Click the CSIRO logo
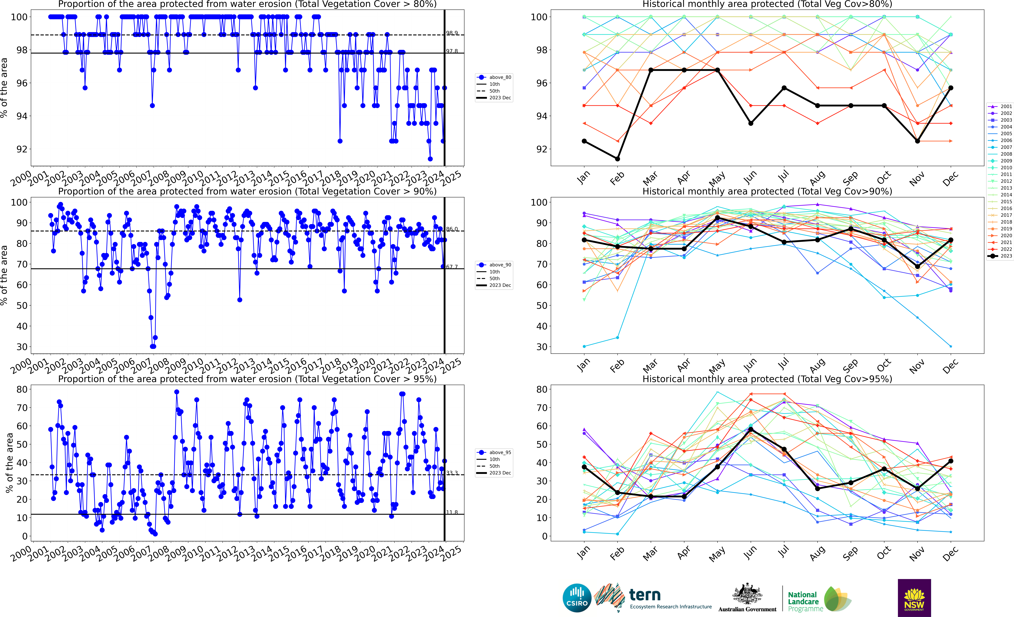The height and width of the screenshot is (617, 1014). tap(577, 598)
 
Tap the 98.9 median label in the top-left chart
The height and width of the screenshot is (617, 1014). tap(452, 33)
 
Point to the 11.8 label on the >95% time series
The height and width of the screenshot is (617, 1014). tap(452, 512)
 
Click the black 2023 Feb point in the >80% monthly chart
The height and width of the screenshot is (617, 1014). tap(617, 159)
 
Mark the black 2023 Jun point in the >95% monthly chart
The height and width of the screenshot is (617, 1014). tap(751, 429)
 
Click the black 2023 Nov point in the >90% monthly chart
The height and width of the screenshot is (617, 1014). tap(917, 267)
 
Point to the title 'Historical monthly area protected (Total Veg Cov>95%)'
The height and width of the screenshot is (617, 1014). tap(767, 379)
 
